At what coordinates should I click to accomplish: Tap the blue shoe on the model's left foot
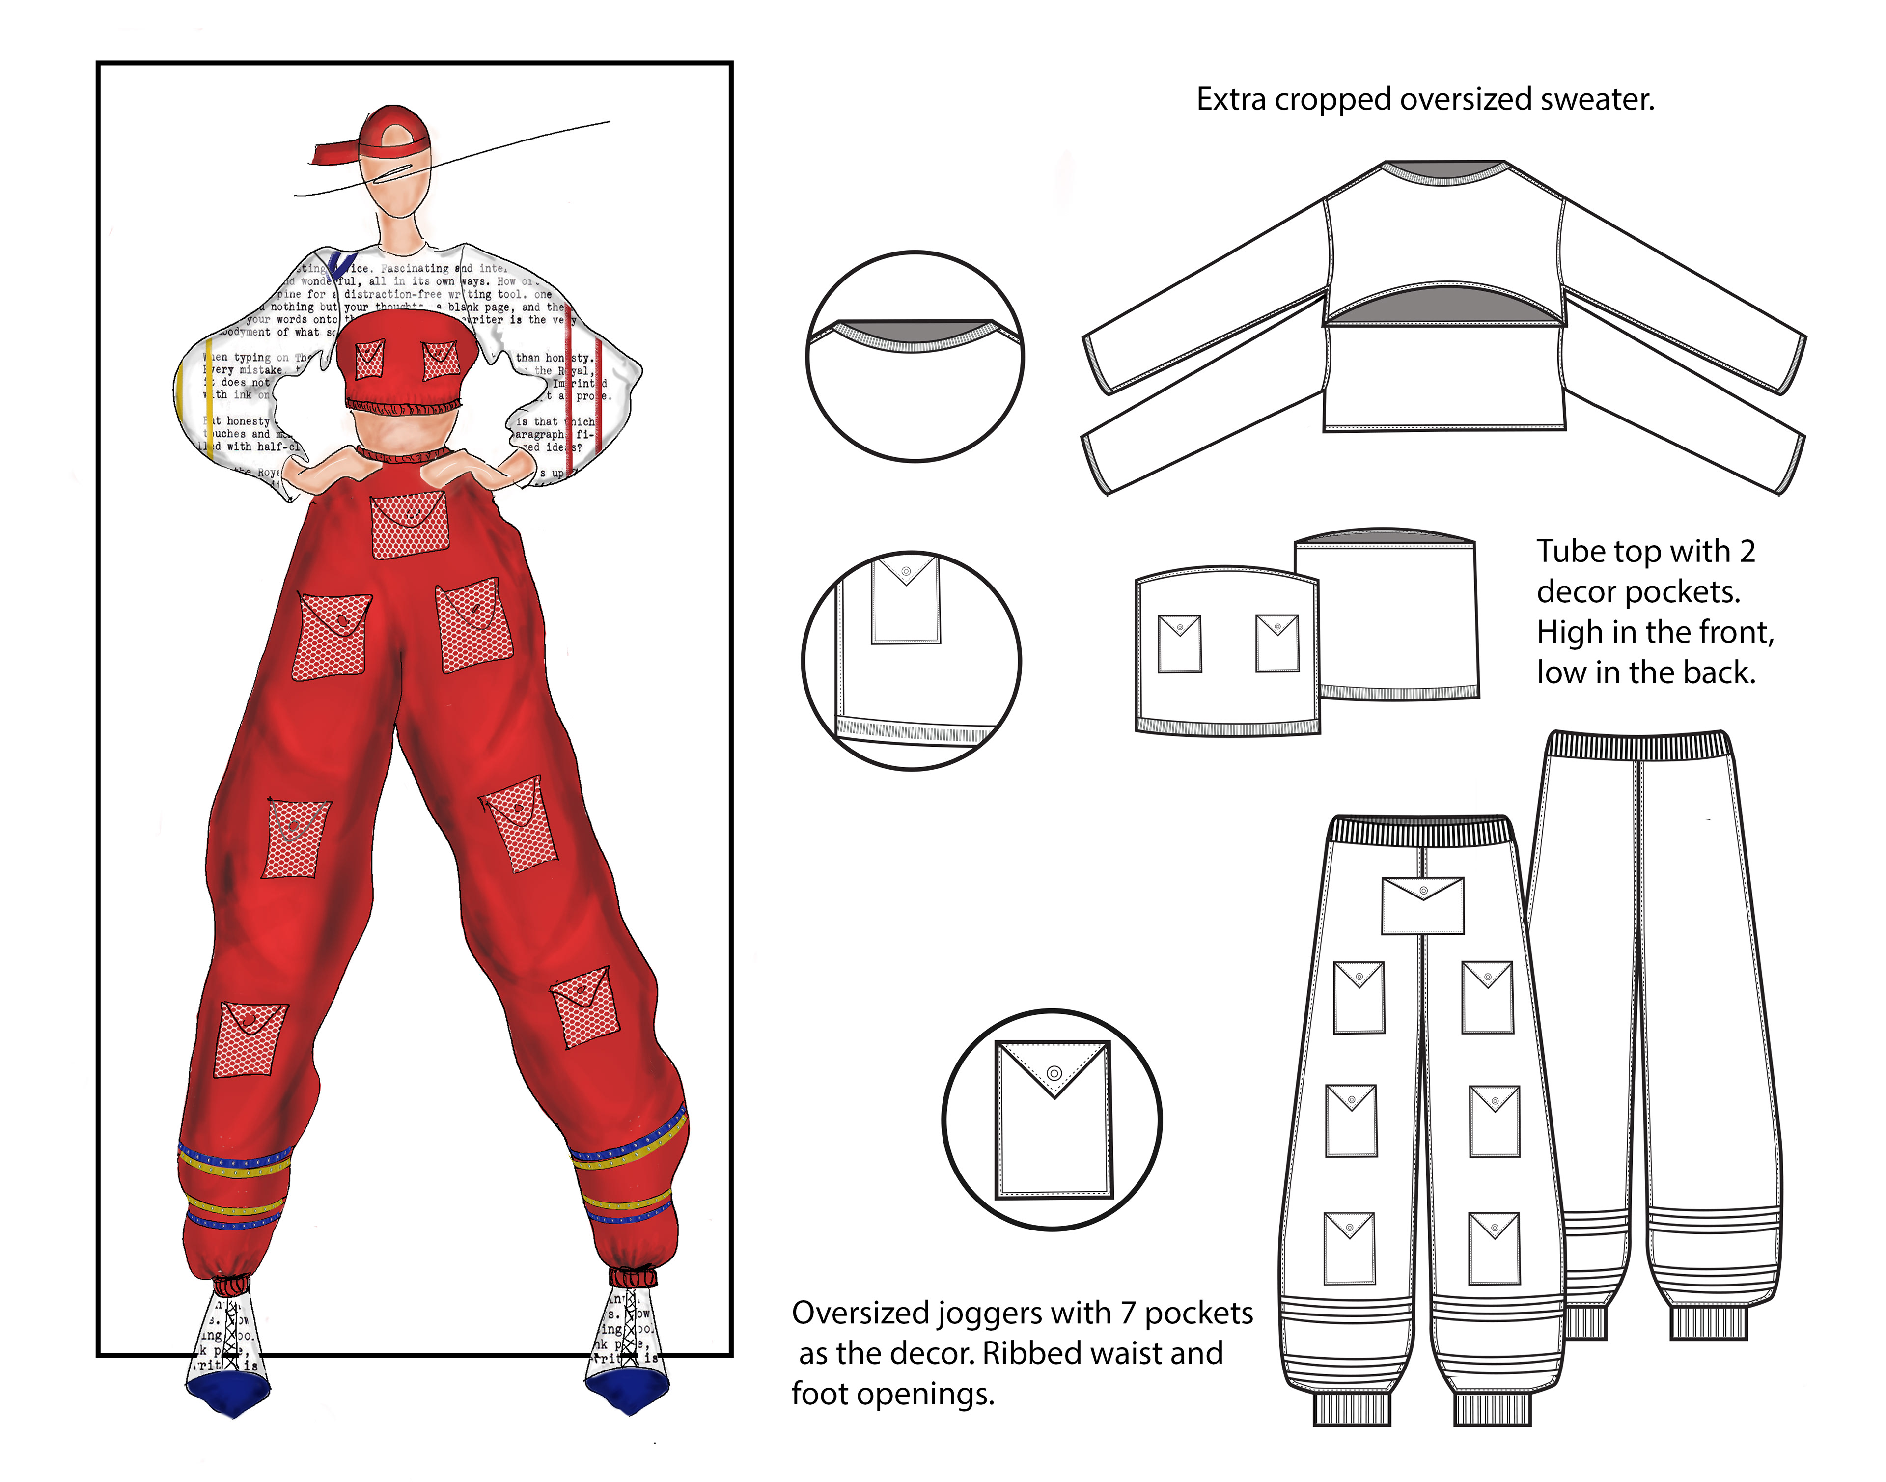[626, 1391]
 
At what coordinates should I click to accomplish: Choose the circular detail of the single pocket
[1052, 1119]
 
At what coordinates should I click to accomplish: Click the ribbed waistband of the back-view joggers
[1639, 745]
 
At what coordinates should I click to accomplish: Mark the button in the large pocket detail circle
[1054, 1073]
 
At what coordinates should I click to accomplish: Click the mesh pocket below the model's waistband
[410, 524]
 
